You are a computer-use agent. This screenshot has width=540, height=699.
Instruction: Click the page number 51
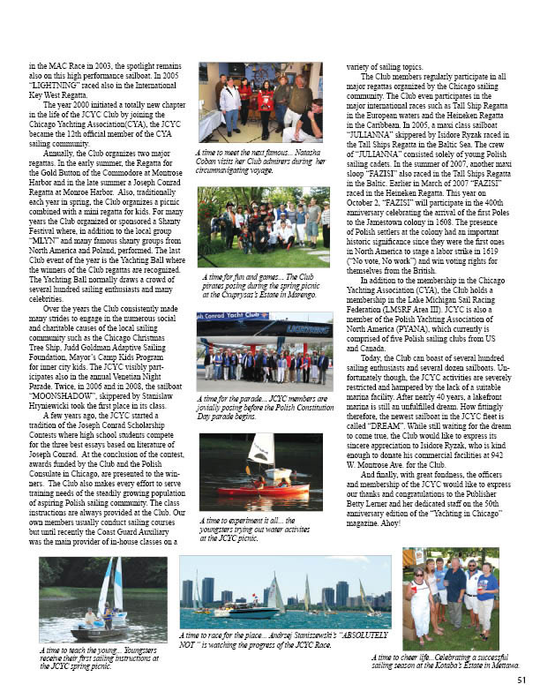tap(521, 679)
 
